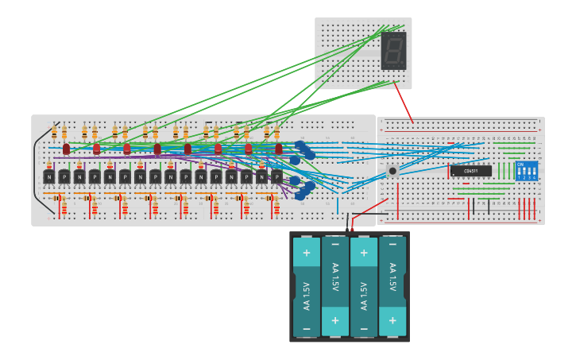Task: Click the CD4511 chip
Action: pyautogui.click(x=470, y=171)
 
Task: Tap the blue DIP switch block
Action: pyautogui.click(x=527, y=171)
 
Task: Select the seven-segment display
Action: pyautogui.click(x=393, y=51)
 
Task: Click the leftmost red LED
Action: pyautogui.click(x=66, y=149)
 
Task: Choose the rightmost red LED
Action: pyautogui.click(x=278, y=149)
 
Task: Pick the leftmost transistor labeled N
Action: pyautogui.click(x=49, y=176)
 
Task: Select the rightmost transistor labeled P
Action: pyautogui.click(x=276, y=176)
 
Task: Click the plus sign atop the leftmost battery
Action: pyautogui.click(x=306, y=252)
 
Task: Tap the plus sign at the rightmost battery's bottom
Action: pyautogui.click(x=392, y=320)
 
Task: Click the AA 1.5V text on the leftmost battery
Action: pyautogui.click(x=307, y=294)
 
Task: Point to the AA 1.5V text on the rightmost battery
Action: pyautogui.click(x=392, y=277)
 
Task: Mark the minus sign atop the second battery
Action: pyautogui.click(x=335, y=245)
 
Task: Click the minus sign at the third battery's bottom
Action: pyautogui.click(x=364, y=327)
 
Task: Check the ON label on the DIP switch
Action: pyautogui.click(x=521, y=165)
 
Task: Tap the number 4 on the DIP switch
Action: pyautogui.click(x=535, y=178)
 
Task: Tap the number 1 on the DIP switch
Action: pyautogui.click(x=520, y=178)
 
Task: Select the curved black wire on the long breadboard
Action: pyautogui.click(x=37, y=171)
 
